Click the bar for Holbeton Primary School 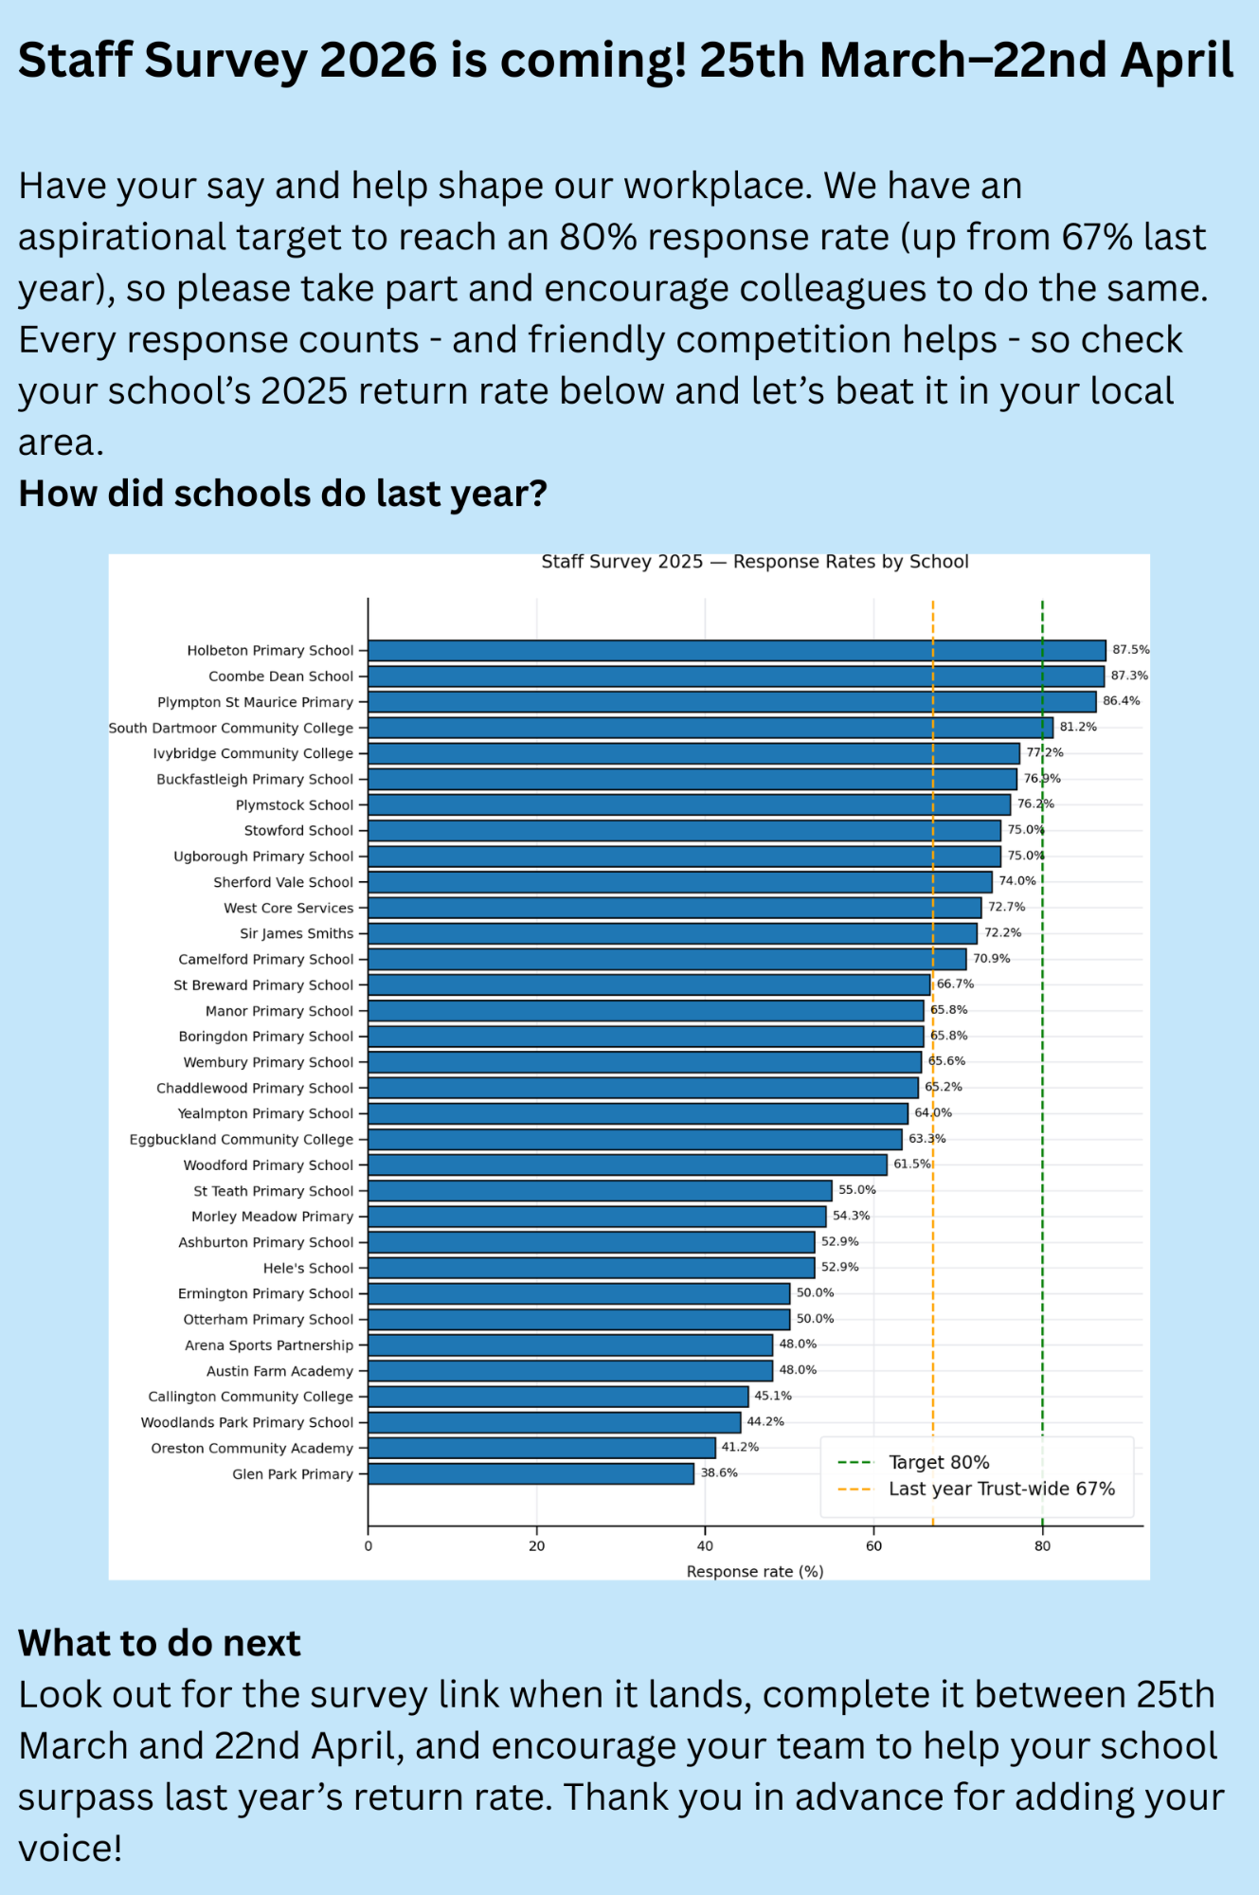pos(736,650)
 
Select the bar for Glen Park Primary pos(531,1473)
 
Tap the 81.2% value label pos(1078,727)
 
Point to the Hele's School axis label pos(308,1268)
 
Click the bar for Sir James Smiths pos(673,933)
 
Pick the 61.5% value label pos(911,1164)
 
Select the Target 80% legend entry pos(938,1462)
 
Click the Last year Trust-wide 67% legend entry pos(1000,1489)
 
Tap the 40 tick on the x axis pos(705,1546)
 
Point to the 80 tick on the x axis pos(1042,1546)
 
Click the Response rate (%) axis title pos(754,1572)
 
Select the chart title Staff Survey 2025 pos(754,562)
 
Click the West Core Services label pos(288,908)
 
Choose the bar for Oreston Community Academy pos(541,1448)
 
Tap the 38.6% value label pos(719,1472)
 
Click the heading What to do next pos(159,1643)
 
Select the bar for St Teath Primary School pos(600,1191)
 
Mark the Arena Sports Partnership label pos(269,1345)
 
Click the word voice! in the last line pos(70,1849)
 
